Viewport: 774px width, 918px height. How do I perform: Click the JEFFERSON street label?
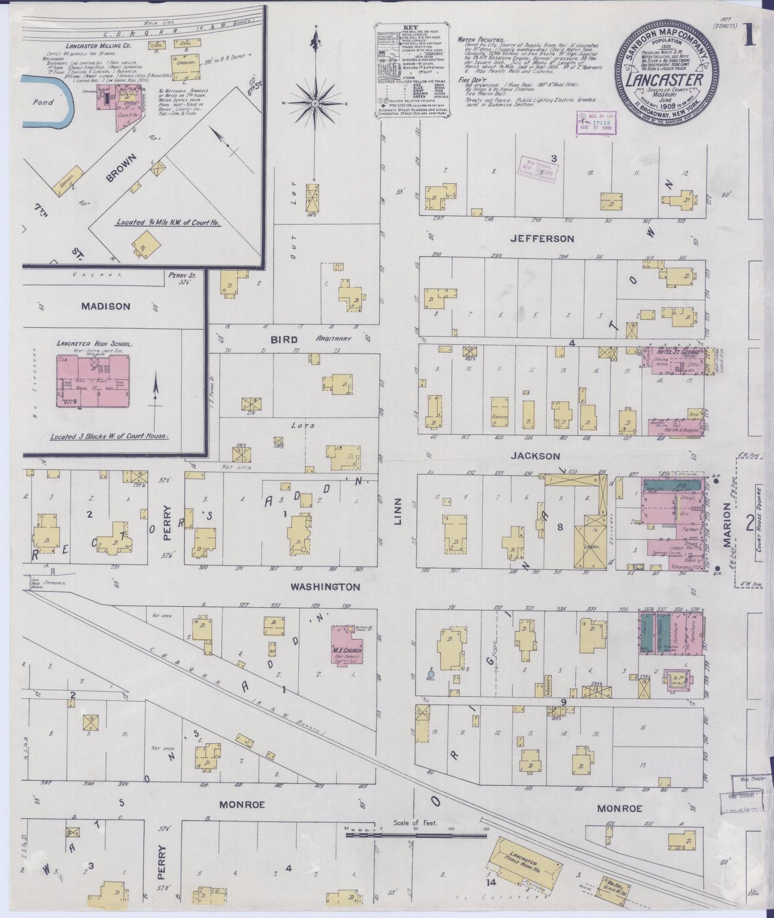pyautogui.click(x=542, y=239)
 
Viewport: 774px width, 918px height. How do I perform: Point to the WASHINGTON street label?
pyautogui.click(x=325, y=587)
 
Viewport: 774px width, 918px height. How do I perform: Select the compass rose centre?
pyautogui.click(x=315, y=103)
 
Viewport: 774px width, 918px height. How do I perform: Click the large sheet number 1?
pyautogui.click(x=749, y=36)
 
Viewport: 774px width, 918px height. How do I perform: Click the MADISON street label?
pyautogui.click(x=106, y=306)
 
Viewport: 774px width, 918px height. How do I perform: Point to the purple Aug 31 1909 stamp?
pyautogui.click(x=596, y=123)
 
